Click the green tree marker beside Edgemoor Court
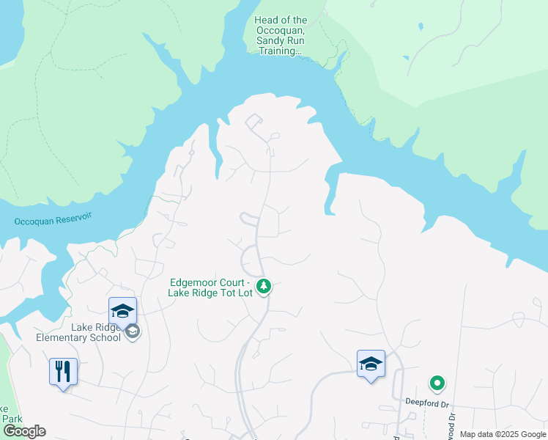pyautogui.click(x=264, y=286)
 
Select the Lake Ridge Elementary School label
pyautogui.click(x=79, y=332)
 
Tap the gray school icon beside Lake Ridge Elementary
pyautogui.click(x=132, y=331)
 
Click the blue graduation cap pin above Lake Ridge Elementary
pyautogui.click(x=122, y=311)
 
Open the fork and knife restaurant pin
pyautogui.click(x=63, y=372)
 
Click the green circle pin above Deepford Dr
pyautogui.click(x=437, y=383)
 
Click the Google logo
pyautogui.click(x=24, y=431)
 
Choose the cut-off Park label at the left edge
pyautogui.click(x=10, y=418)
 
